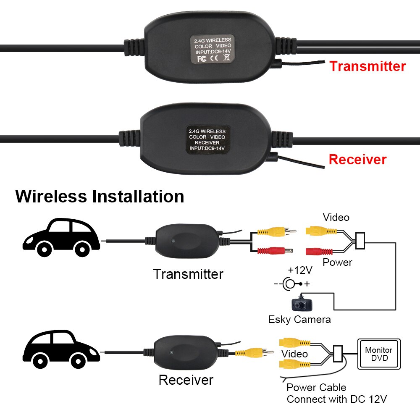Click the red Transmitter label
(x=367, y=66)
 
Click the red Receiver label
(x=357, y=160)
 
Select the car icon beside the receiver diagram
(x=61, y=348)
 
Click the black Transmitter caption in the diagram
(x=188, y=274)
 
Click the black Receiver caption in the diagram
(x=186, y=380)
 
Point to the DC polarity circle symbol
(x=289, y=284)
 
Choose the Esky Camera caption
(x=299, y=320)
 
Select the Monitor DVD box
(x=378, y=354)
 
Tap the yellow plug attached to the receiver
(x=255, y=352)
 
